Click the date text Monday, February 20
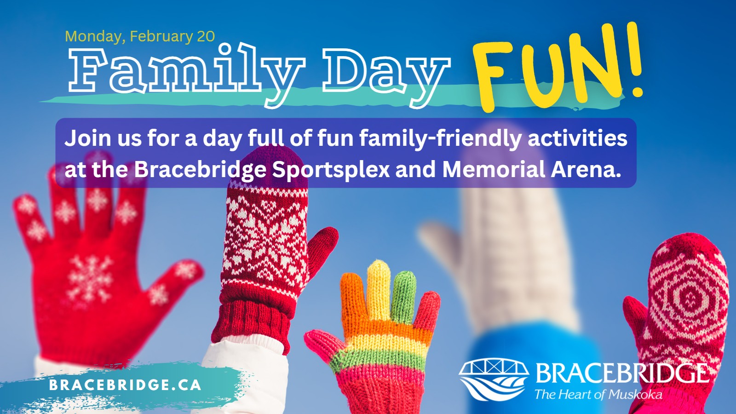(140, 36)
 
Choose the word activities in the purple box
(577, 138)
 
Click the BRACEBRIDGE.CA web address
(125, 385)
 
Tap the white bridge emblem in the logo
(494, 379)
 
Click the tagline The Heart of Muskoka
(598, 394)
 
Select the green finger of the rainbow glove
(403, 297)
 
